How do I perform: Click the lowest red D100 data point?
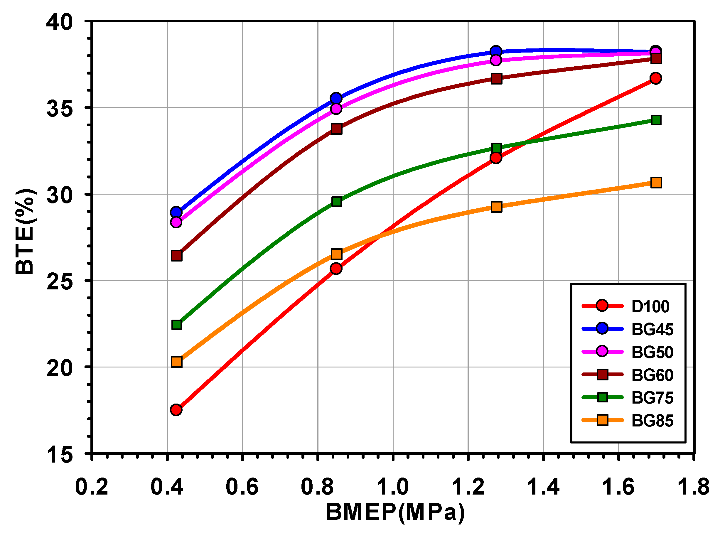176,410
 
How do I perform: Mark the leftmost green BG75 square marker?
176,325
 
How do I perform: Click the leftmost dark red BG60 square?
176,256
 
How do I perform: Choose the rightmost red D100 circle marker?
655,78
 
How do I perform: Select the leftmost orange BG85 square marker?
176,362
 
